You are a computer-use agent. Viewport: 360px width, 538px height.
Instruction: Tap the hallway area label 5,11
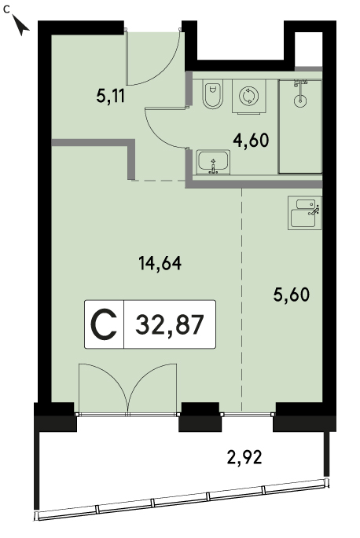[x=110, y=96]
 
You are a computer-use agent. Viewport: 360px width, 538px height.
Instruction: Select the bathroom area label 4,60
[x=251, y=140]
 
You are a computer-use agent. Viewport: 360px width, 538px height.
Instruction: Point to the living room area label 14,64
[x=160, y=264]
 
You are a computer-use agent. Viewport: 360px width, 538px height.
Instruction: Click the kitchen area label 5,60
[x=292, y=295]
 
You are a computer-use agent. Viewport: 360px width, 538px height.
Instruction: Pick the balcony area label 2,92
[x=244, y=457]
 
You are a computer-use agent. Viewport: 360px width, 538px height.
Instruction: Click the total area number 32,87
[x=170, y=325]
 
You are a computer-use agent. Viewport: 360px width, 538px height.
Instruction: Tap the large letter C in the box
[x=104, y=324]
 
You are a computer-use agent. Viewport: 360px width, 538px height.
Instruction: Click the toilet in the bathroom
[x=213, y=94]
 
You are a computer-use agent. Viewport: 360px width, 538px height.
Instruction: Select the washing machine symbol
[x=249, y=97]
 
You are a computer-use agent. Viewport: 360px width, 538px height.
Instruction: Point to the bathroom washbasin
[x=213, y=162]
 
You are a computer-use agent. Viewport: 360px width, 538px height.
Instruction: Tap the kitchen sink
[x=305, y=213]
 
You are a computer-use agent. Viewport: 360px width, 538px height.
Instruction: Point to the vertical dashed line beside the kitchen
[x=242, y=299]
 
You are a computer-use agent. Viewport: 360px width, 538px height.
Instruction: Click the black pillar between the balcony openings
[x=200, y=417]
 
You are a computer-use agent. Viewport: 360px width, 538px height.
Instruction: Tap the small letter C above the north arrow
[x=6, y=9]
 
